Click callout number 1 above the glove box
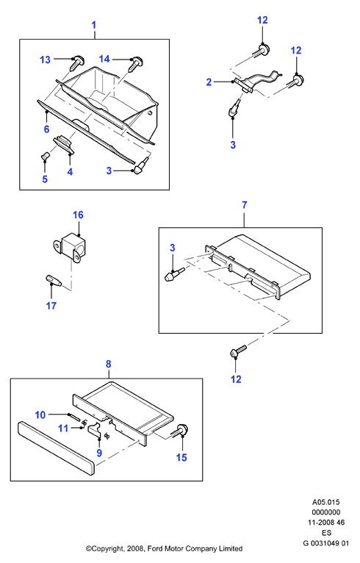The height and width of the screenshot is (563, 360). [94, 25]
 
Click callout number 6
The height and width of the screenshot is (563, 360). [46, 129]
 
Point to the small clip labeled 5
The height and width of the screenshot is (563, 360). [45, 157]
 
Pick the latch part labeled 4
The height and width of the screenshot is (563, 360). [64, 143]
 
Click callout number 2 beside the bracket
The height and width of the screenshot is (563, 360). [209, 82]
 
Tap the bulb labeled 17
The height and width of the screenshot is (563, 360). [54, 281]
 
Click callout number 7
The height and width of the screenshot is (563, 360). [245, 205]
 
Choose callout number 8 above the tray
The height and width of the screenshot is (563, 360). [109, 364]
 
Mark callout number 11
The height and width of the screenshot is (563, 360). [63, 428]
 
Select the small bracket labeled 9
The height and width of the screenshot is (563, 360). [95, 431]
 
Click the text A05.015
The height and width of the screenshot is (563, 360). [326, 502]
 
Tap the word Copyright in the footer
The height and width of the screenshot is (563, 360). [107, 548]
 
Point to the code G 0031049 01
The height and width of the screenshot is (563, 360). [326, 543]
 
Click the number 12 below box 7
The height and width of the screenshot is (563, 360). [236, 379]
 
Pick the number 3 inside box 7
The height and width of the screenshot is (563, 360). [172, 248]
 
